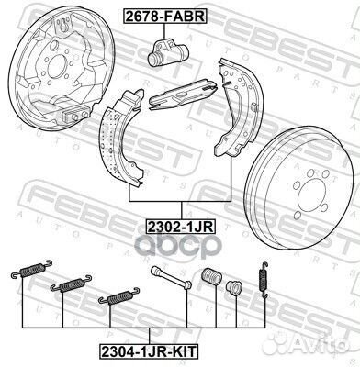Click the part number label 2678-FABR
(165, 17)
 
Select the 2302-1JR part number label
(181, 227)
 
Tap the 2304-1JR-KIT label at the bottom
(149, 351)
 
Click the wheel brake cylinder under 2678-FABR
(167, 52)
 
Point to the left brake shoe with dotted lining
(120, 138)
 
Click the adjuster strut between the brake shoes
(183, 94)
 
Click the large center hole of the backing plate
(57, 66)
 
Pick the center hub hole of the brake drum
(309, 195)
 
